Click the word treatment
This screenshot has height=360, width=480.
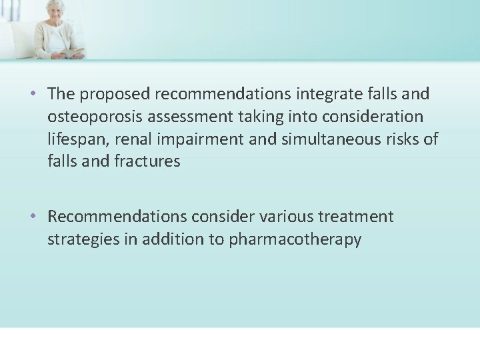(355, 217)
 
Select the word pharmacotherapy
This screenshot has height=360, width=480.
(295, 239)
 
